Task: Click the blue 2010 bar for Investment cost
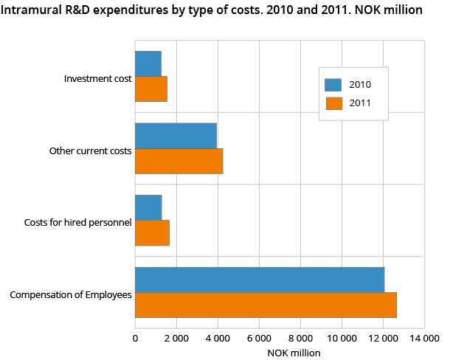(x=148, y=63)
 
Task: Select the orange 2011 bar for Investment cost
(x=150, y=89)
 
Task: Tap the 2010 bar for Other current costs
(x=176, y=136)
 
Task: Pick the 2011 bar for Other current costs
(x=179, y=161)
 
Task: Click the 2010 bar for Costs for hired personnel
(x=148, y=208)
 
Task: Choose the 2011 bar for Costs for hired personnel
(x=152, y=233)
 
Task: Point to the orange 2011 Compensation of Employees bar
(x=266, y=305)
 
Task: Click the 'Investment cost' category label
(x=97, y=78)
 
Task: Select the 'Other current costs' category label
(x=90, y=150)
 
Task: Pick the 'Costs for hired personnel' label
(x=77, y=223)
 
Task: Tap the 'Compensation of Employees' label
(x=71, y=295)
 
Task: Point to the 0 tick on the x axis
(x=135, y=338)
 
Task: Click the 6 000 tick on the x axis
(x=259, y=338)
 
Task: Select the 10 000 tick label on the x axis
(x=342, y=338)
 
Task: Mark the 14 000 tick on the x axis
(x=424, y=338)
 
